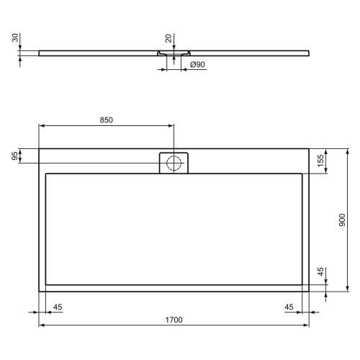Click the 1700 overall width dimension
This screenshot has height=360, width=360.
pos(174,319)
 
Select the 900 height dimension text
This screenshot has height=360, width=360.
pos(341,220)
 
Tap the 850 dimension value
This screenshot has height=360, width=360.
pos(106,120)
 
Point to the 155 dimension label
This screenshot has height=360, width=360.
pos(320,162)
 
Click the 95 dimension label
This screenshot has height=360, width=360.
pos(15,156)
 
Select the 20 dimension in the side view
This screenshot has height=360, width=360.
pos(167,37)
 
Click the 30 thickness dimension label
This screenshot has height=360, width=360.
pos(15,37)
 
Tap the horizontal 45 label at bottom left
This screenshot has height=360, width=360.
pos(58,307)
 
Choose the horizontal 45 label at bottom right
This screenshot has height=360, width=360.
pos(289,307)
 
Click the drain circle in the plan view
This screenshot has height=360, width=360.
pos(173,163)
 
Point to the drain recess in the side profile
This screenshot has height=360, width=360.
pos(173,53)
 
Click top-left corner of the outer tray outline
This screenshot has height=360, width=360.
pos(39,149)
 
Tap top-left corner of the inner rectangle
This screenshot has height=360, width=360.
pos(46,174)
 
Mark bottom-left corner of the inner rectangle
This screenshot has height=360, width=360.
pos(46,285)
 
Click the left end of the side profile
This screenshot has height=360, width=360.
pos(40,52)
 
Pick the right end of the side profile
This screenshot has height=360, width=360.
pos(310,52)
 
